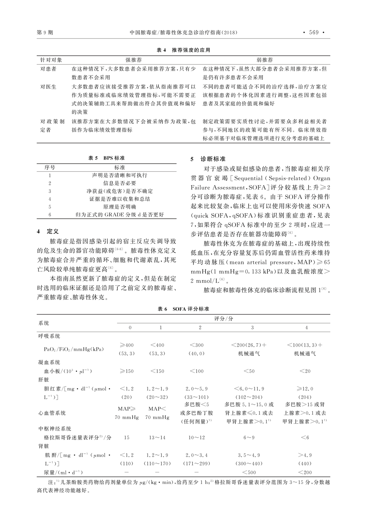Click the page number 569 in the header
pyautogui.click(x=313, y=33)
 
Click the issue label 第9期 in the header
pyautogui.click(x=45, y=33)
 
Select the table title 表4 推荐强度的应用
pyautogui.click(x=183, y=50)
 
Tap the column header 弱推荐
pyautogui.click(x=265, y=60)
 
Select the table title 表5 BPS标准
pyautogui.click(x=106, y=158)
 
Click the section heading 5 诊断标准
pyautogui.click(x=208, y=159)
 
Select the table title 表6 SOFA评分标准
pyautogui.click(x=183, y=309)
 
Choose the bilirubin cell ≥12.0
pyautogui.click(x=305, y=389)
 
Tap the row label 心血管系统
pyautogui.click(x=52, y=413)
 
